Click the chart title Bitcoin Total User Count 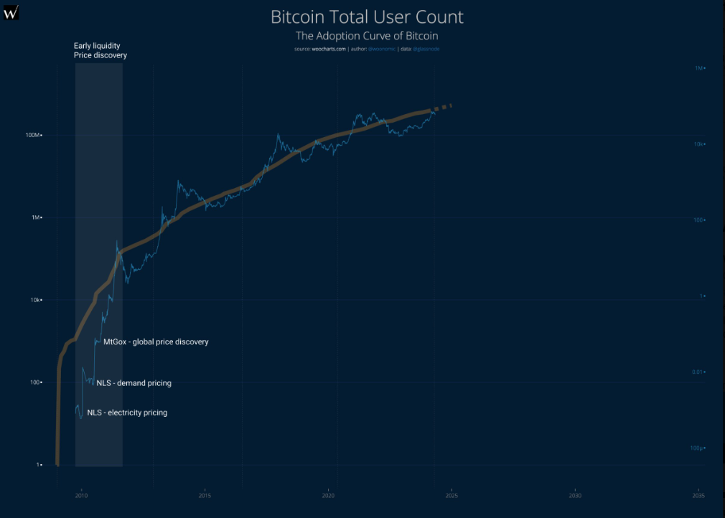[367, 17]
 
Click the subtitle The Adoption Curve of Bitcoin [367, 35]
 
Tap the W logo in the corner [11, 11]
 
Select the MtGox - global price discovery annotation [156, 342]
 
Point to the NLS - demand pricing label [134, 383]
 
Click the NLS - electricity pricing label [127, 413]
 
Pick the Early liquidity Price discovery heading [100, 50]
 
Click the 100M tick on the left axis [34, 135]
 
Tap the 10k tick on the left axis [35, 300]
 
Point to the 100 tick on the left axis [35, 382]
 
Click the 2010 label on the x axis [81, 495]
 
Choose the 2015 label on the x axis [205, 495]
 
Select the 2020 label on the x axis [328, 495]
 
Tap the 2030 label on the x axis [575, 495]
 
